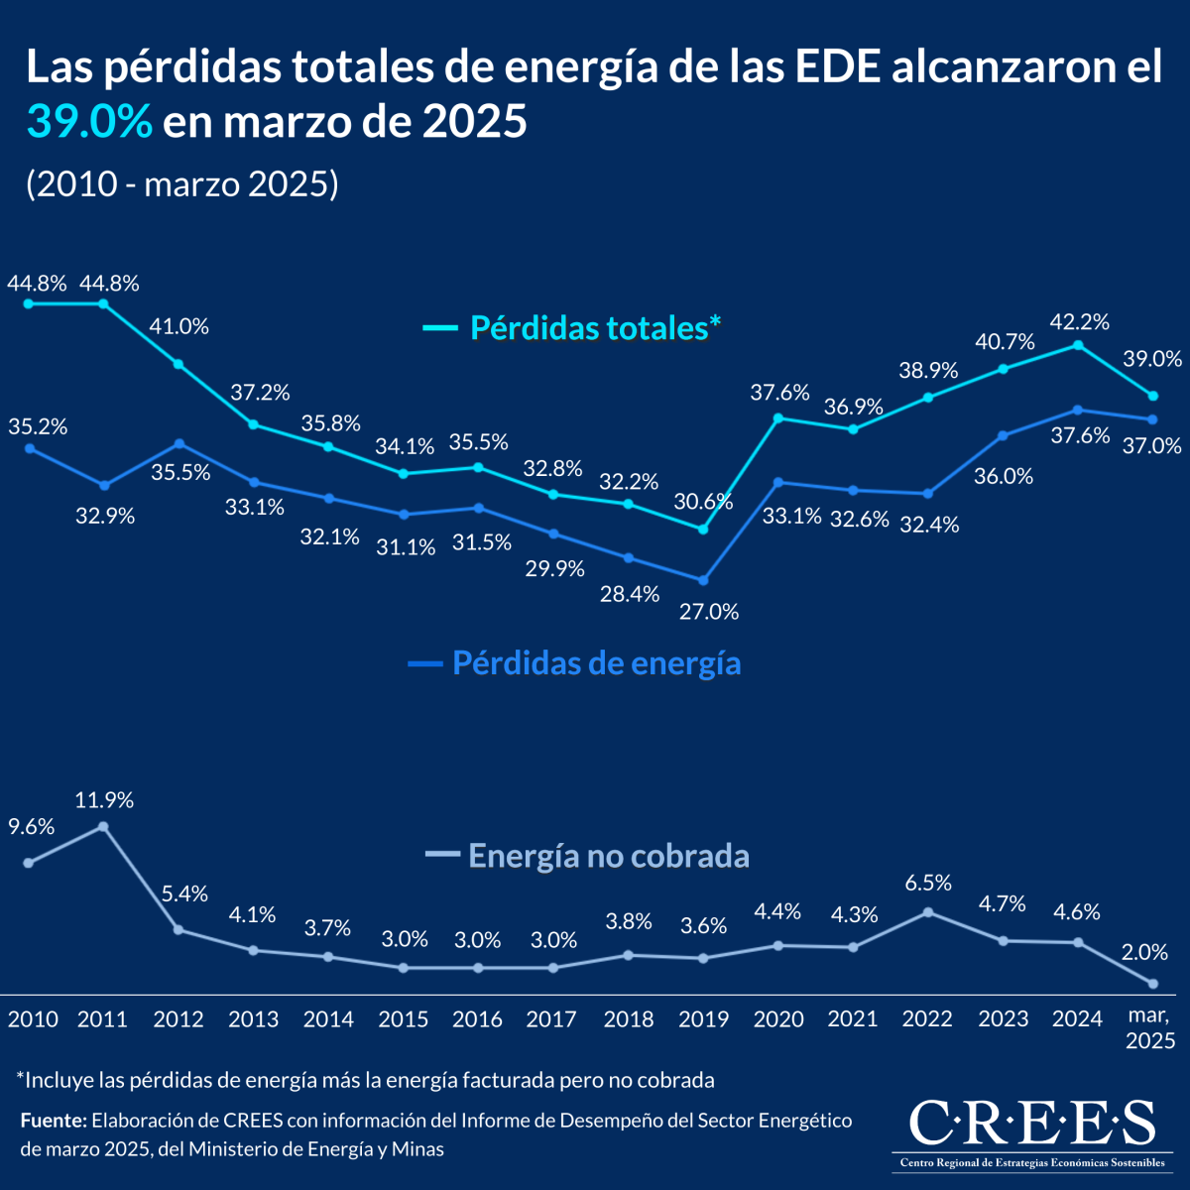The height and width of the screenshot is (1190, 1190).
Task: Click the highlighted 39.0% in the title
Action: [x=89, y=123]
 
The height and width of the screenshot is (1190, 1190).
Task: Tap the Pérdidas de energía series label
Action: [x=596, y=662]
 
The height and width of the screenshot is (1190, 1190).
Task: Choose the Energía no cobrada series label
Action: [x=608, y=855]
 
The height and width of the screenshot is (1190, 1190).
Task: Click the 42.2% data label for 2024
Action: [x=1080, y=321]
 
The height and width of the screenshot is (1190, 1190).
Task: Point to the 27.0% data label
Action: [x=709, y=612]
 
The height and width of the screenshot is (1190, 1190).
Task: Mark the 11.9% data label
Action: [x=104, y=800]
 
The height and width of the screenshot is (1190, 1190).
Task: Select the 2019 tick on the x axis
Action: [x=703, y=1019]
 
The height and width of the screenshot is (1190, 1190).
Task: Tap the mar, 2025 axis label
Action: [x=1150, y=1027]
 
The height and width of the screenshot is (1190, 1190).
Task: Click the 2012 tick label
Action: [x=178, y=1019]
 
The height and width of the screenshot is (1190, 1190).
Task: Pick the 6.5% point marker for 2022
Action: [x=928, y=911]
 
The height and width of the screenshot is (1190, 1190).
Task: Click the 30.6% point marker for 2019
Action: [x=704, y=530]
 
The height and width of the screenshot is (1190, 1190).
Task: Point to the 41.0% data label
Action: [x=178, y=326]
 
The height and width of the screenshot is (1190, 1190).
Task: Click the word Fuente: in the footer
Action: [x=53, y=1121]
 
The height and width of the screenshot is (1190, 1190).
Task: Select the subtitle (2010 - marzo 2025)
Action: [x=182, y=184]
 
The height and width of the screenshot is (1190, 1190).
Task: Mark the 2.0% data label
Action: [x=1143, y=952]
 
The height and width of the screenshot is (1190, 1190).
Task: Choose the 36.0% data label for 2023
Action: [x=1003, y=476]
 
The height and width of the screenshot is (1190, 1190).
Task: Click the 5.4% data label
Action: [x=184, y=893]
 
